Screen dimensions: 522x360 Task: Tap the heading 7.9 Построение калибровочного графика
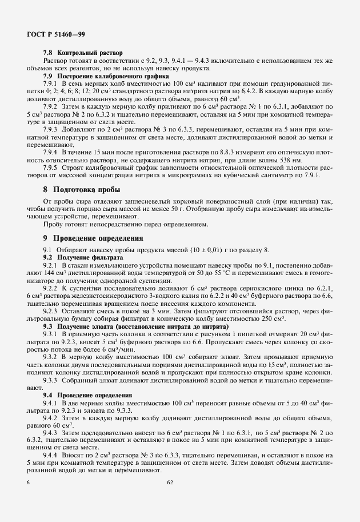[106, 75]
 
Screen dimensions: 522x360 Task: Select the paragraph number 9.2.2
[52, 289]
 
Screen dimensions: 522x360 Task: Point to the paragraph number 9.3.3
[52, 380]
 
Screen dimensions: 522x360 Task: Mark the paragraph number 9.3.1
[52, 333]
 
